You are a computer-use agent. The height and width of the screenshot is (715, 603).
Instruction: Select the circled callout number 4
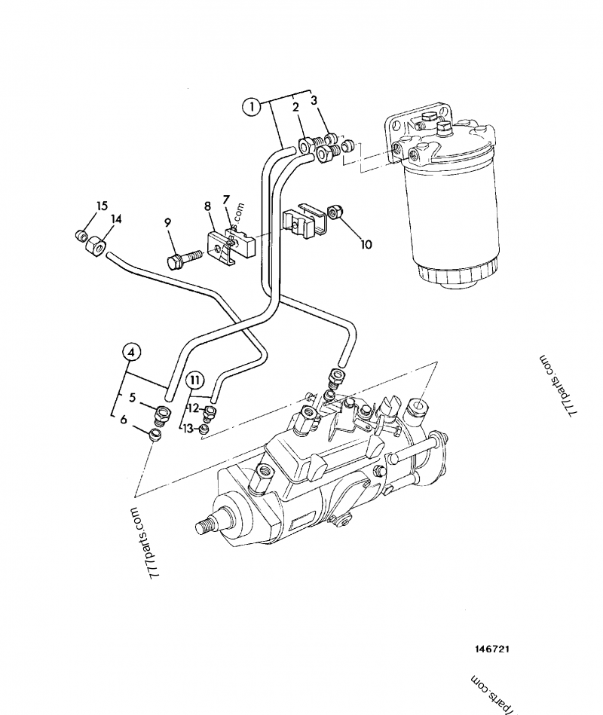point(130,352)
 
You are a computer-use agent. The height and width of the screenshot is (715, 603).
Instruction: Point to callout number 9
point(167,222)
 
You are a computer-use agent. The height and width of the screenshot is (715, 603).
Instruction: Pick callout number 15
point(102,206)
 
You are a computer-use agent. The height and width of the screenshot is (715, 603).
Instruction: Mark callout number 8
point(206,205)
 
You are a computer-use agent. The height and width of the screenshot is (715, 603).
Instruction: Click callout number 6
point(124,420)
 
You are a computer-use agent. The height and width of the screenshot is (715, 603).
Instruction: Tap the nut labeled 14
point(96,246)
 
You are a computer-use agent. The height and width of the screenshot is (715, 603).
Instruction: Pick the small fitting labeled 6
point(155,434)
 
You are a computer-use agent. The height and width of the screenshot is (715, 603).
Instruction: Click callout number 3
point(314,99)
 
